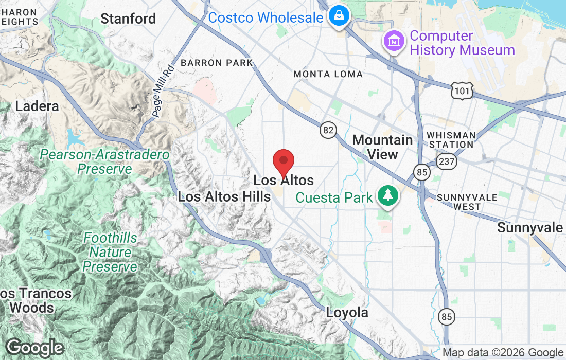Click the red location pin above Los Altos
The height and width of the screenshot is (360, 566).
pyautogui.click(x=283, y=163)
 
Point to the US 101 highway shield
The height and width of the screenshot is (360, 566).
pyautogui.click(x=460, y=92)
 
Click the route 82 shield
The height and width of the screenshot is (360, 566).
pyautogui.click(x=328, y=130)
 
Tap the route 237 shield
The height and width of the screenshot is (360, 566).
pyautogui.click(x=446, y=161)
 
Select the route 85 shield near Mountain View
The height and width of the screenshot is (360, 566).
pyautogui.click(x=422, y=172)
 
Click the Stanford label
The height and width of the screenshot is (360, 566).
pyautogui.click(x=128, y=19)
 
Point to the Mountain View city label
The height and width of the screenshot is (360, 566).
pyautogui.click(x=382, y=147)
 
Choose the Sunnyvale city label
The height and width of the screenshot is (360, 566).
pyautogui.click(x=530, y=228)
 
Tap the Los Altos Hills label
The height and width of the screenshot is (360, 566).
pyautogui.click(x=224, y=196)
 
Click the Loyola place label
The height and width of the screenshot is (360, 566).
pyautogui.click(x=347, y=312)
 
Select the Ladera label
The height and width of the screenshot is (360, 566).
pyautogui.click(x=37, y=106)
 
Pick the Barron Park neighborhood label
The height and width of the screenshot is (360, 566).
pyautogui.click(x=217, y=63)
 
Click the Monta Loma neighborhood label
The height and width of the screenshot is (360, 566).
pyautogui.click(x=328, y=74)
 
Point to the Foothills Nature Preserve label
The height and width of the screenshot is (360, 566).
pyautogui.click(x=110, y=253)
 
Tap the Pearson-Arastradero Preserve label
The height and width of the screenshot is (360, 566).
pyautogui.click(x=105, y=161)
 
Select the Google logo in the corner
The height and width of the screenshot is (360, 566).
pyautogui.click(x=34, y=348)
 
